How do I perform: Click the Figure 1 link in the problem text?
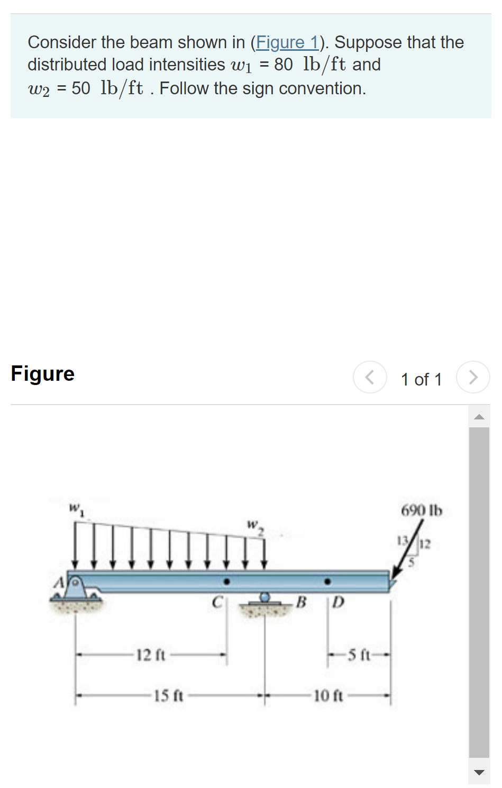coord(287,42)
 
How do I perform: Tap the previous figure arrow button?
coord(370,377)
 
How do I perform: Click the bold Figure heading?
coord(43,374)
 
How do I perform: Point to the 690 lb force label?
coord(421,511)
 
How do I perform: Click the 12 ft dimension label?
coord(151,655)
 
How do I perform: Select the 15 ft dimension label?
coord(168,695)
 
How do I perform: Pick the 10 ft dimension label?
coord(328,695)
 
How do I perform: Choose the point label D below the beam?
coord(339,602)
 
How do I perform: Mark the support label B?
coord(301,602)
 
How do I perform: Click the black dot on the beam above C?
coord(227,581)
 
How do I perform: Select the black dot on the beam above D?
coord(328,581)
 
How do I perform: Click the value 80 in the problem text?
coord(283,65)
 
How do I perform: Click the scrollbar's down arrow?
coord(479,772)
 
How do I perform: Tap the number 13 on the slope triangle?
coord(402,541)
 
